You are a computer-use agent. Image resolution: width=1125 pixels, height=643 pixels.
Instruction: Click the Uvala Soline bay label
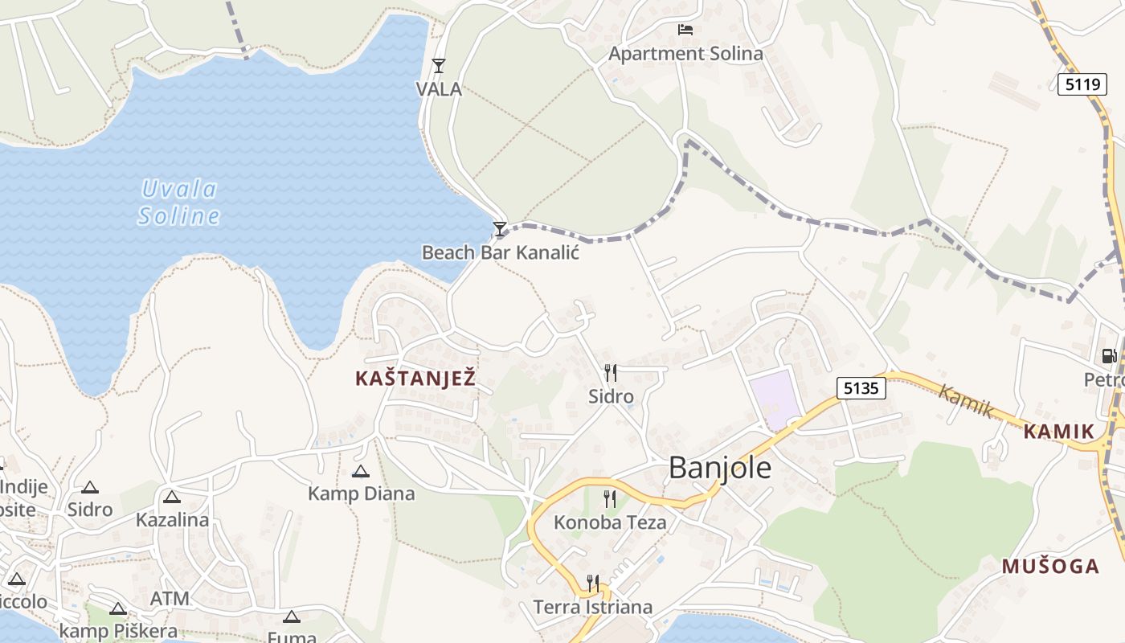click(x=179, y=203)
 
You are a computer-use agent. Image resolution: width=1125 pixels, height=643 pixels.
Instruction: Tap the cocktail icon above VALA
click(x=439, y=66)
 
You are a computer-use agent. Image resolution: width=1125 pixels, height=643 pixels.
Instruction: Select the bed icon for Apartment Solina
click(x=685, y=30)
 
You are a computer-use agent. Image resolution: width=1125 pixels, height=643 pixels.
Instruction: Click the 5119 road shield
click(x=1082, y=84)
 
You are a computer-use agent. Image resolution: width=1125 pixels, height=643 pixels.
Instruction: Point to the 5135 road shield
click(x=861, y=389)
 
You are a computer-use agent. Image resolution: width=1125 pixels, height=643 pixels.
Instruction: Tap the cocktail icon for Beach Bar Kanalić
click(x=500, y=229)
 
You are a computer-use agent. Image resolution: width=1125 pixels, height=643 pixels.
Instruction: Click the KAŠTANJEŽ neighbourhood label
click(x=415, y=379)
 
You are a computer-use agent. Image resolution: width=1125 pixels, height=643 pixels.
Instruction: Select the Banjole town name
click(x=720, y=468)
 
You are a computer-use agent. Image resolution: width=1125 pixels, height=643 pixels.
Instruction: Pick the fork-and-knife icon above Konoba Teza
click(x=610, y=499)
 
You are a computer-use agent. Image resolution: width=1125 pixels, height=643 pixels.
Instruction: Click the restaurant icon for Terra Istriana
click(x=593, y=583)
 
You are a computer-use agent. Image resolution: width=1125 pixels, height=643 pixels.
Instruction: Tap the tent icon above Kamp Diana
click(x=361, y=471)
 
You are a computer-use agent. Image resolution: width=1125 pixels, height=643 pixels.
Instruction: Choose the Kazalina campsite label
click(x=172, y=519)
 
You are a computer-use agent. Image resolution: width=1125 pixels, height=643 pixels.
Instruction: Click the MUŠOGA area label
click(x=1050, y=567)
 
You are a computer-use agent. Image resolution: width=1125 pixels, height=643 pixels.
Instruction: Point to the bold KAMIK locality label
click(x=1059, y=432)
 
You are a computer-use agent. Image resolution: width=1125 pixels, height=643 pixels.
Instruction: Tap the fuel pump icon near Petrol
click(x=1109, y=355)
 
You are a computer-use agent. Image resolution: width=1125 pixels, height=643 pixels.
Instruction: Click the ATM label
click(x=170, y=599)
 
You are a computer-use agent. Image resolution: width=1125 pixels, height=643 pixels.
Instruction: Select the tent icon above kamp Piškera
click(x=118, y=609)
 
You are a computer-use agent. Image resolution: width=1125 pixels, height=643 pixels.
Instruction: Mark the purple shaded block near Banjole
click(x=775, y=399)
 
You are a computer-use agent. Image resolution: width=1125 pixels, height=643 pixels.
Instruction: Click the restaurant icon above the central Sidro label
click(x=611, y=373)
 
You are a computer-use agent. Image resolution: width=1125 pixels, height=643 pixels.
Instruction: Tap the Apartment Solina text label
click(x=685, y=54)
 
